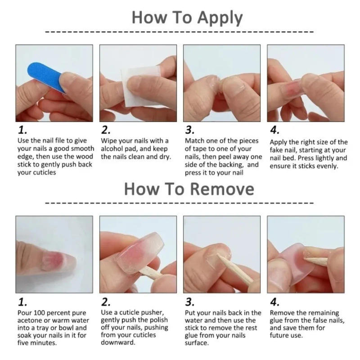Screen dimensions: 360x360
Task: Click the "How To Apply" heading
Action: click(187, 18)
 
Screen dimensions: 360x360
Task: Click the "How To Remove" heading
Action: click(189, 189)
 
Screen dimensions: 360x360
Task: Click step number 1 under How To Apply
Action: click(22, 130)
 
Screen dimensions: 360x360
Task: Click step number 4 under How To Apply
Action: click(274, 130)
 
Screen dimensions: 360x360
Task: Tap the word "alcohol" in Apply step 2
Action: click(114, 149)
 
